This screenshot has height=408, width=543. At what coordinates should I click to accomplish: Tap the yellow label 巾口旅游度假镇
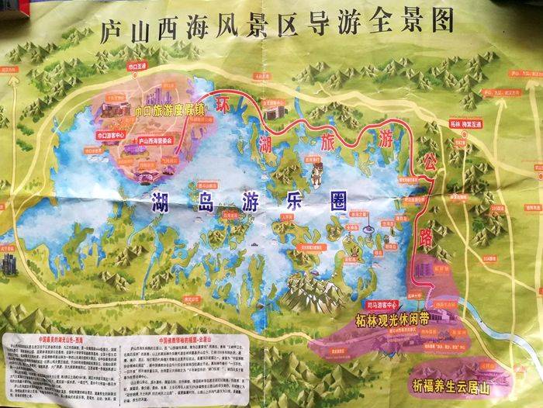point(170,110)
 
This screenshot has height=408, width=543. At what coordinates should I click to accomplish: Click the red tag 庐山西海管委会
point(160,142)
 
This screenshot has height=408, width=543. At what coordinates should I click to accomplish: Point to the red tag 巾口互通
point(136,67)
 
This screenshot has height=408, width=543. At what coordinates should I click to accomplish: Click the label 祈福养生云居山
point(455,383)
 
